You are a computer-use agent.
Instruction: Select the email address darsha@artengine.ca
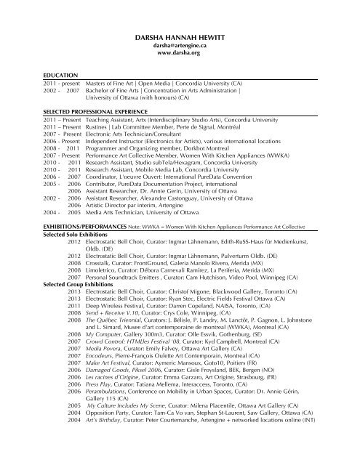tap(179, 44)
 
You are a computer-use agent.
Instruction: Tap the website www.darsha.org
tap(179, 53)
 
